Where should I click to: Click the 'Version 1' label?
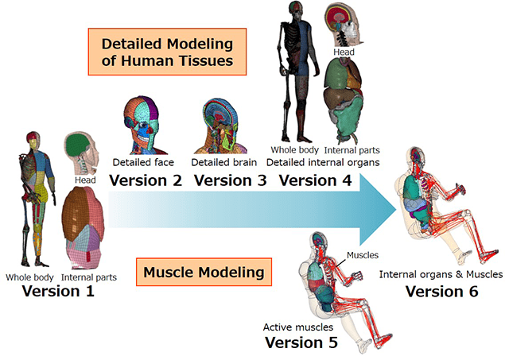tap(58, 291)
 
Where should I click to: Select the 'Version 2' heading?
tap(146, 180)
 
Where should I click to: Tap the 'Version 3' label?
tap(230, 180)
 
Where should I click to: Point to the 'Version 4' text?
tap(315, 180)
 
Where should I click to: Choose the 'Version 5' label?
tap(301, 343)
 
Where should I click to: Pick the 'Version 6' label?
tap(442, 291)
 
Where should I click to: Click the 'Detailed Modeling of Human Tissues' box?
tap(167, 52)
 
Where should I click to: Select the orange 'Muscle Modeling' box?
tap(204, 272)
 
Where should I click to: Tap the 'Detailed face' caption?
tap(143, 162)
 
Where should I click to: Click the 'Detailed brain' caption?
tap(224, 162)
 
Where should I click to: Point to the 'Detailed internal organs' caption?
tap(323, 162)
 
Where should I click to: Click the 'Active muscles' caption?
tap(298, 327)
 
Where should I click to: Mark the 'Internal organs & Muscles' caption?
tap(441, 274)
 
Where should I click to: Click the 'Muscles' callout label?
tap(363, 255)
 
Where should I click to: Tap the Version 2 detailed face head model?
tap(143, 126)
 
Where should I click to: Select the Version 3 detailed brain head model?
tap(221, 126)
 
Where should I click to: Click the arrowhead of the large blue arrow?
tap(379, 210)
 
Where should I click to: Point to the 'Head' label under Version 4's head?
tap(344, 52)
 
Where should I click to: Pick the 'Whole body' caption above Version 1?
tap(29, 277)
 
